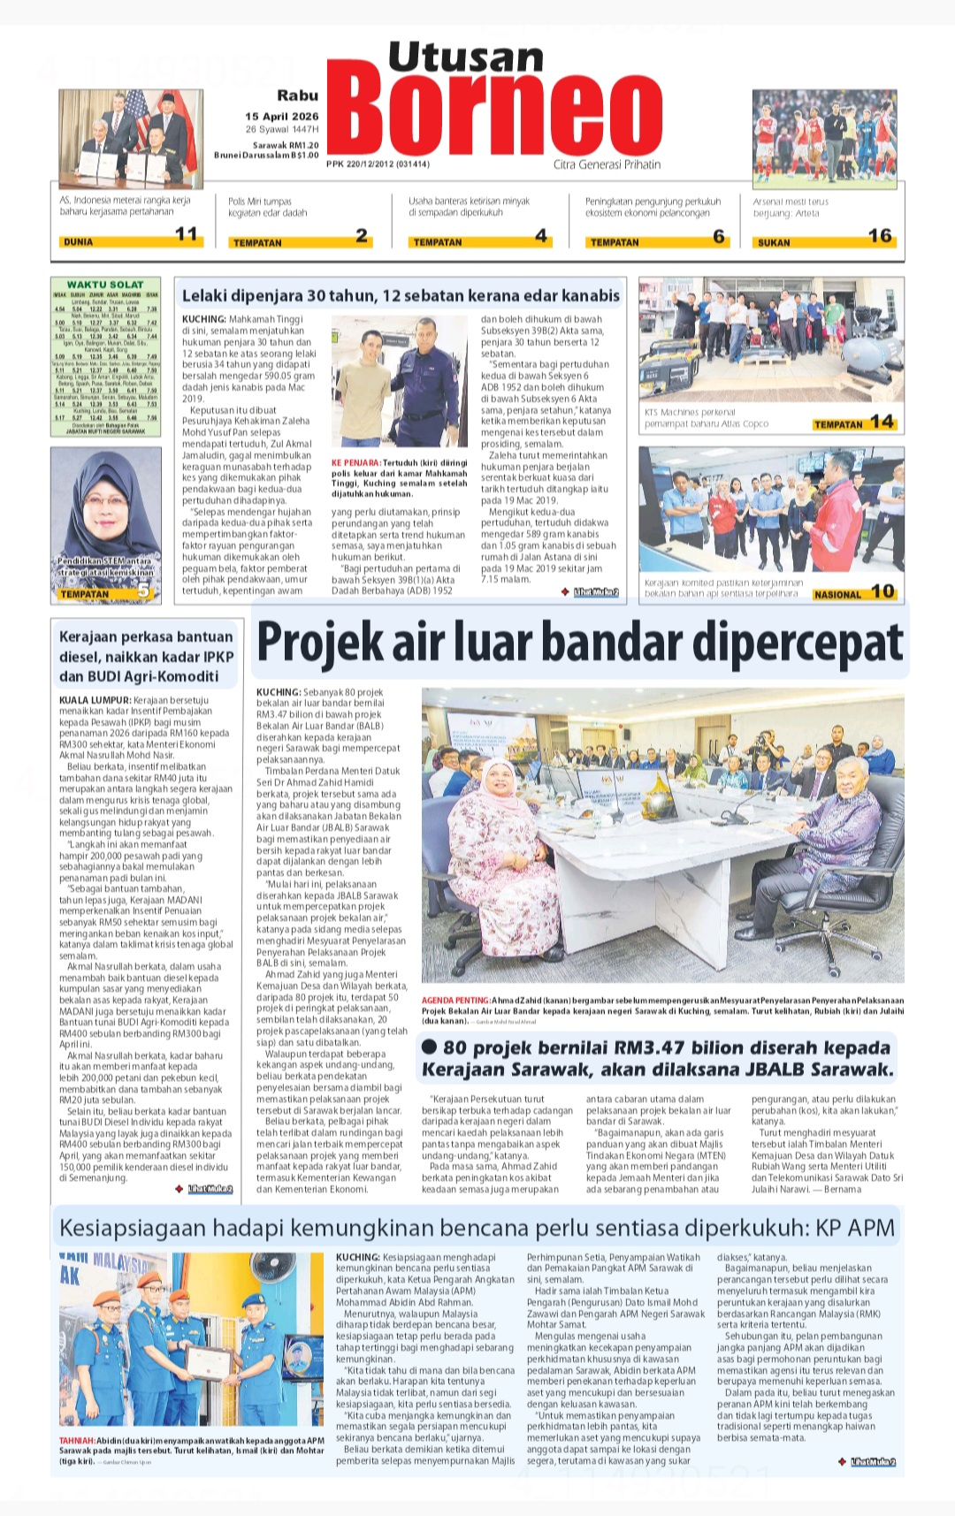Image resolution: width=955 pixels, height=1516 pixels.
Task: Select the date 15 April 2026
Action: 281,117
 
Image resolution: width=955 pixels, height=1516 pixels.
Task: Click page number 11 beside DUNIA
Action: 186,234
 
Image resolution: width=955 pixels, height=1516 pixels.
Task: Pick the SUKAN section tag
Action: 774,242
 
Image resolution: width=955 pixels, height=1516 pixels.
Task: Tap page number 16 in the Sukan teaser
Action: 879,235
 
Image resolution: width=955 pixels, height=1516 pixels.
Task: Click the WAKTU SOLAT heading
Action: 105,285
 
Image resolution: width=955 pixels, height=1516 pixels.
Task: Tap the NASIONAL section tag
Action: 837,595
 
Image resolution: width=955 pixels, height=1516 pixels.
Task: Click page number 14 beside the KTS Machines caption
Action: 882,422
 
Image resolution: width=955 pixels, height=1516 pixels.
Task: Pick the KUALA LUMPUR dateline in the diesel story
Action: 95,700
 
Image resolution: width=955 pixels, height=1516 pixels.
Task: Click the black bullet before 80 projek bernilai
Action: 431,1047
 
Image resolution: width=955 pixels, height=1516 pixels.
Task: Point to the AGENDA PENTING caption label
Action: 455,1001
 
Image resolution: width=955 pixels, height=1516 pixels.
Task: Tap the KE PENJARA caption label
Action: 356,462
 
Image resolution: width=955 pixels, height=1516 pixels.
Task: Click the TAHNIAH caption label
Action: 77,1440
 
